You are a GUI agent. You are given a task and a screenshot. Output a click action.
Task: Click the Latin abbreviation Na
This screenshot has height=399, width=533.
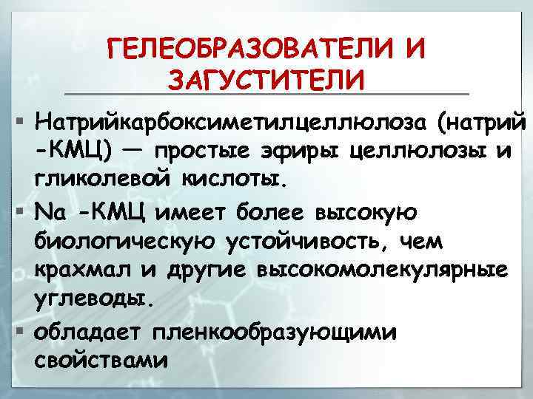(50, 212)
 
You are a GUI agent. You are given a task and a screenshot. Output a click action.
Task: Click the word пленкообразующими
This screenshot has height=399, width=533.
(274, 332)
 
